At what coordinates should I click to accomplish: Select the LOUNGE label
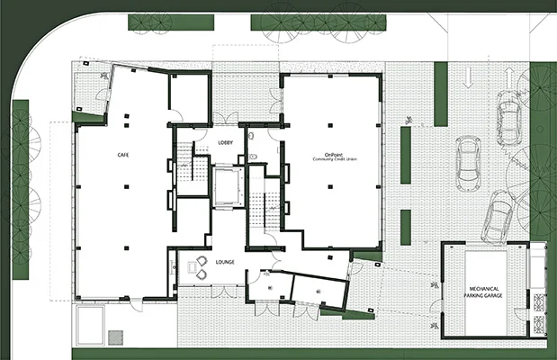225,262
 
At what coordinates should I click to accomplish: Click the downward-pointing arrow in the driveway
469,80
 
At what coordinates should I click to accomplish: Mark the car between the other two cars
468,163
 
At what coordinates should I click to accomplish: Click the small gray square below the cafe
114,337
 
